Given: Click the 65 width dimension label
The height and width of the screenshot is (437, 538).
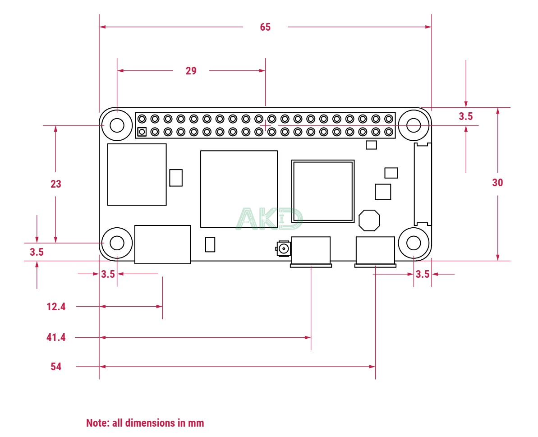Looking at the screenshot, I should (x=265, y=27).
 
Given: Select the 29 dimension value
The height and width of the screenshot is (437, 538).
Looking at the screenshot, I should (x=191, y=71).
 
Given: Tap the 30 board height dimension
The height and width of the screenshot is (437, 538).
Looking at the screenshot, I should (x=497, y=183).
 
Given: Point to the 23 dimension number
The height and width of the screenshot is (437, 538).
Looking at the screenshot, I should (x=56, y=184).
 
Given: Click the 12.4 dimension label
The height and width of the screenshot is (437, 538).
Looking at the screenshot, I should (x=56, y=307).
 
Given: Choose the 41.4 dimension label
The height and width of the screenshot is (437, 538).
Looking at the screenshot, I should (x=56, y=337).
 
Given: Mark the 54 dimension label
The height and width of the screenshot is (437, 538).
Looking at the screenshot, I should (x=56, y=367).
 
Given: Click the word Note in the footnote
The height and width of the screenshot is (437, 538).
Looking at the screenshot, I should (x=96, y=423).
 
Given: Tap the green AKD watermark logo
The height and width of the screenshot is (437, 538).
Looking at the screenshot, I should (x=270, y=219).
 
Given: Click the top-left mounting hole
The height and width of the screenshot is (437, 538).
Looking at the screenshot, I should (x=117, y=125).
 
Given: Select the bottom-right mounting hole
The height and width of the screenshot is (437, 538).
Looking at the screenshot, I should (x=414, y=243).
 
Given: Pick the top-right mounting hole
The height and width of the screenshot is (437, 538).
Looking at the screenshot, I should (x=414, y=125).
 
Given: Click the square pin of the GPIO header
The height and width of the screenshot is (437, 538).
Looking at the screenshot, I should (x=142, y=132).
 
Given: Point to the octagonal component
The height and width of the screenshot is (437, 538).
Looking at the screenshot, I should (x=369, y=220).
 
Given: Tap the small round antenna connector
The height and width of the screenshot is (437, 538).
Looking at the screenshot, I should (x=284, y=248).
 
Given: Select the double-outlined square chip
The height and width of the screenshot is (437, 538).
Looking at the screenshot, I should (x=322, y=191).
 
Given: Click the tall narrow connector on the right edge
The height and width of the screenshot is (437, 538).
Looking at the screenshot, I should (x=423, y=184).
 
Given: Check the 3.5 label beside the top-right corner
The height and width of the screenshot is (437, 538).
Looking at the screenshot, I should (x=465, y=116).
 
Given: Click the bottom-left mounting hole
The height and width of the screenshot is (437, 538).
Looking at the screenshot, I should (x=117, y=243).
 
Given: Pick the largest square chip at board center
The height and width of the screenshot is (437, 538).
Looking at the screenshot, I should (x=239, y=189).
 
